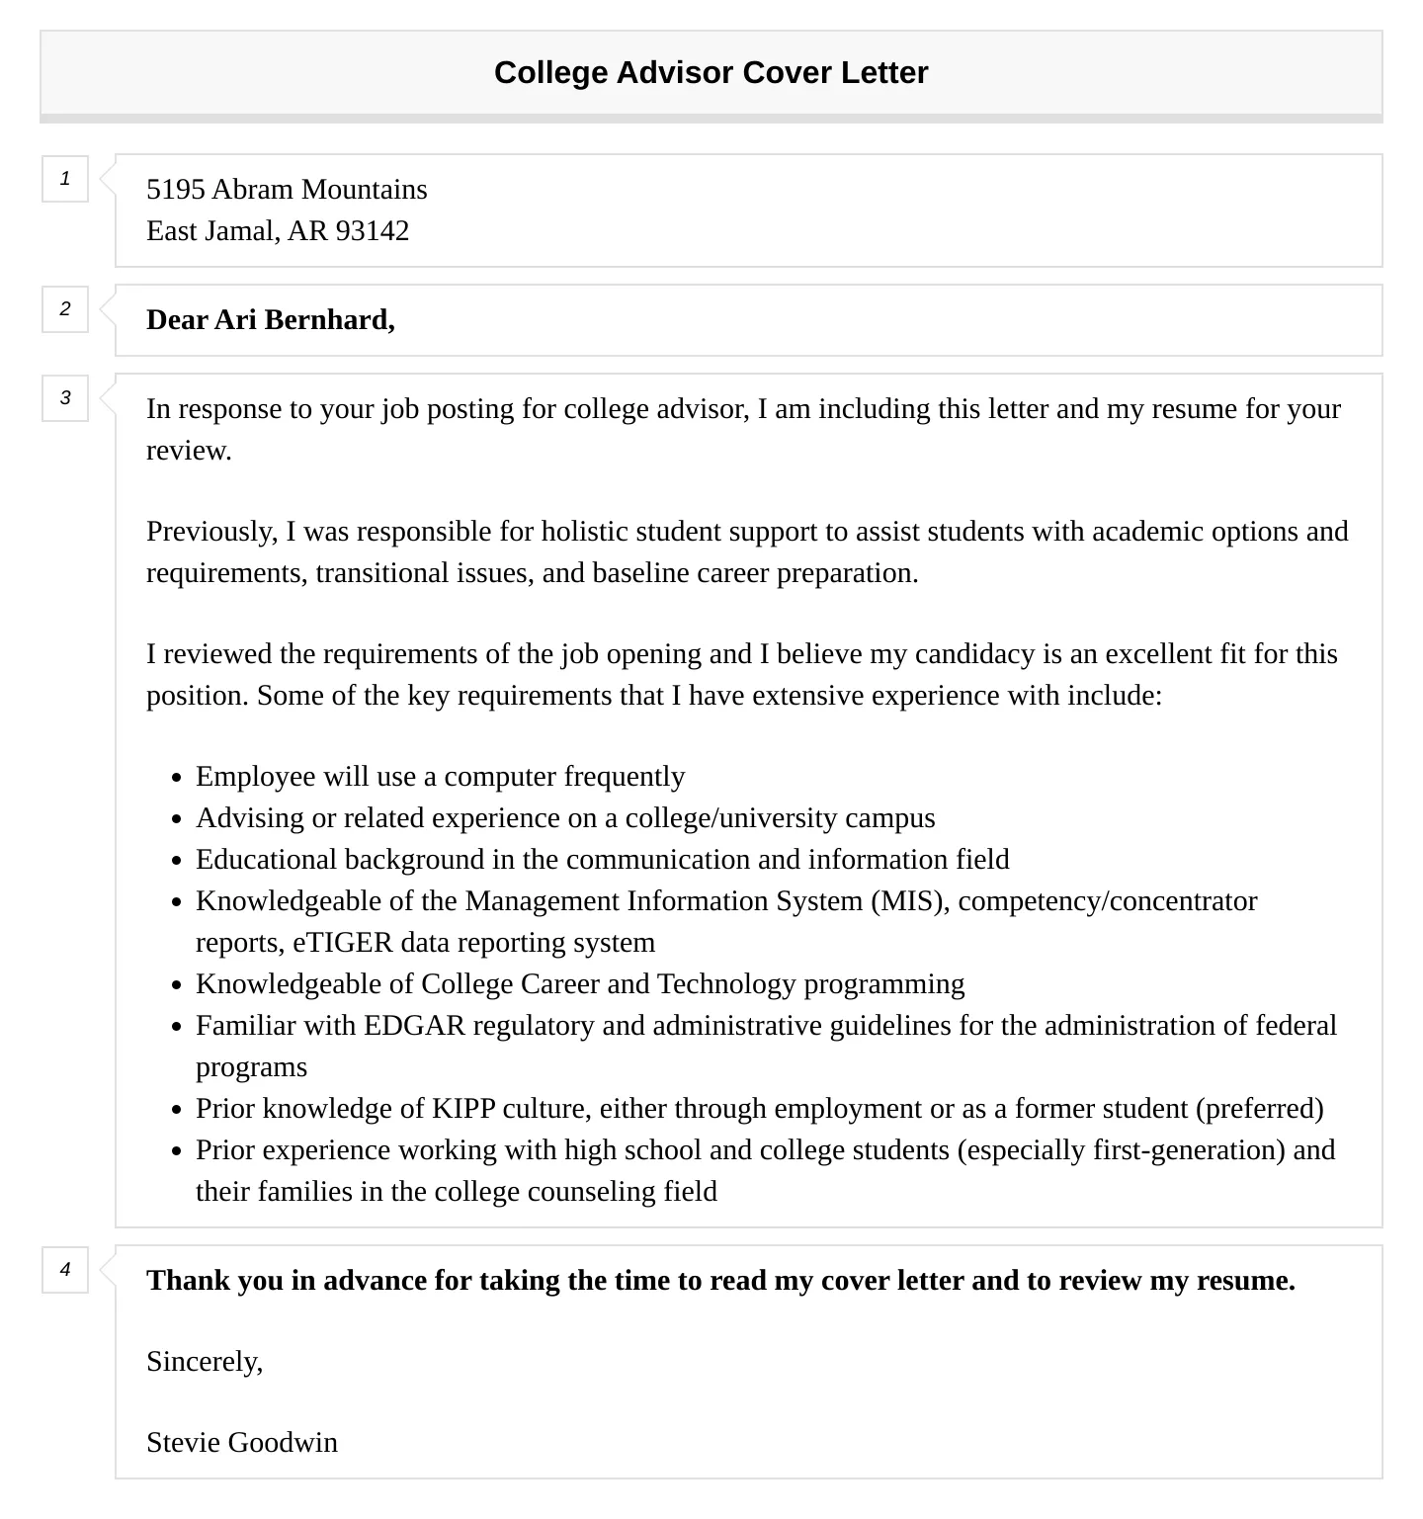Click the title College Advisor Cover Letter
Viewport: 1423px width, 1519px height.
pos(711,73)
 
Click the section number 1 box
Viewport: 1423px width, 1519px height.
pos(65,179)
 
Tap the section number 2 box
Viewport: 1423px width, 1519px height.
pos(65,309)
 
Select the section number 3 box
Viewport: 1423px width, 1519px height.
pos(65,398)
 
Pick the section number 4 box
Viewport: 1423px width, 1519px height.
pos(65,1270)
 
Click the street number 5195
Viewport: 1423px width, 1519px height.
pos(175,190)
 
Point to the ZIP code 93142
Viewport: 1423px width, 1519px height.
pos(372,231)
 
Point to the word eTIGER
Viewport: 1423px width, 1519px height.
pos(343,943)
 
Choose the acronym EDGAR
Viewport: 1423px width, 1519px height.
pos(414,1026)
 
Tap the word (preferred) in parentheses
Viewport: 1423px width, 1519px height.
pos(1259,1109)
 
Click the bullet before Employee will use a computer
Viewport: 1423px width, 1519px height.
pos(176,778)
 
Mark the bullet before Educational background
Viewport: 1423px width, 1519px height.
pos(176,861)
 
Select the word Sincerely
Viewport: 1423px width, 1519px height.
pos(204,1362)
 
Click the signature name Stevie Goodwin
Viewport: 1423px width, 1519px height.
pos(242,1443)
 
